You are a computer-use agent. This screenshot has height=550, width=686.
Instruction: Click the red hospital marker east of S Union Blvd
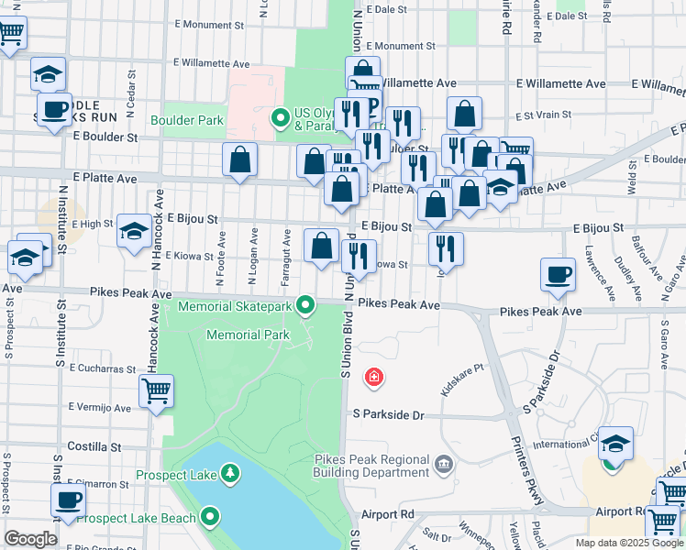pyautogui.click(x=373, y=377)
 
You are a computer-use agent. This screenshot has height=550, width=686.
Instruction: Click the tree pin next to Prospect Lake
pyautogui.click(x=231, y=474)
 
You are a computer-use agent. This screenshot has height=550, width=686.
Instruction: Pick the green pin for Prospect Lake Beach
pyautogui.click(x=211, y=518)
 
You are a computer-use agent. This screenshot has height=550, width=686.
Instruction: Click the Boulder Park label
pyautogui.click(x=187, y=120)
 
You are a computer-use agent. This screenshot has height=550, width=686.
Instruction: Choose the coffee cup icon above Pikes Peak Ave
pyautogui.click(x=558, y=273)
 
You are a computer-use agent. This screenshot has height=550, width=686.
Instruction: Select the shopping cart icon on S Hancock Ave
pyautogui.click(x=157, y=390)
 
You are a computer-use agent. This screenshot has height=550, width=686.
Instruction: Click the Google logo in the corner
pyautogui.click(x=30, y=539)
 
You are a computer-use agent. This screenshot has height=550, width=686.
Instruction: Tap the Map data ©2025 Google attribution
pyautogui.click(x=627, y=543)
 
